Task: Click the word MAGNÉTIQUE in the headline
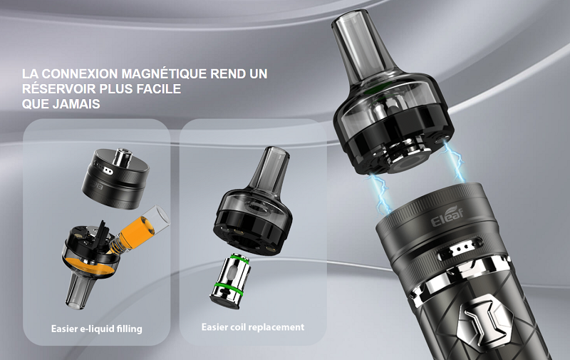click(165, 73)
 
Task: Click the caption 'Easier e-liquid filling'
click(97, 329)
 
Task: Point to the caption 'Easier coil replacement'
click(253, 327)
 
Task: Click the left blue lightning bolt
click(380, 192)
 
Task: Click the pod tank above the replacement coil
click(252, 202)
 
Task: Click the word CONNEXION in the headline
click(80, 73)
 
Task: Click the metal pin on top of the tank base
click(121, 157)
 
